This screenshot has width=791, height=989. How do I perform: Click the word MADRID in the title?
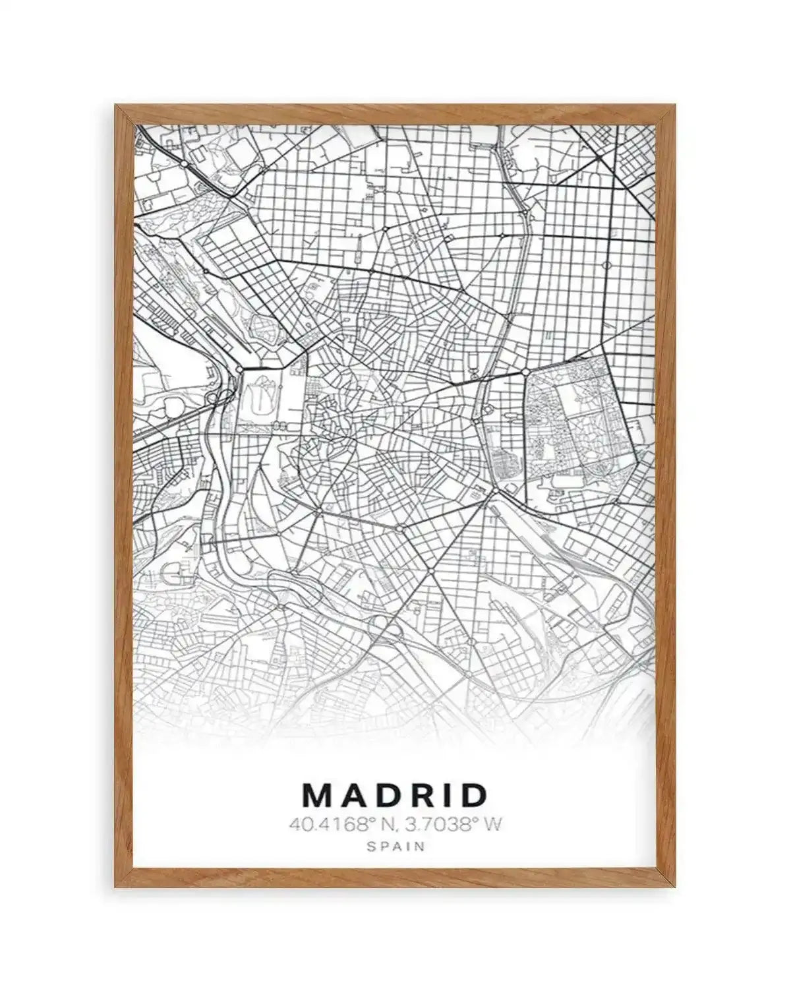click(x=395, y=795)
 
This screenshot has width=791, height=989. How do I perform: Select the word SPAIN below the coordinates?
click(x=395, y=846)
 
